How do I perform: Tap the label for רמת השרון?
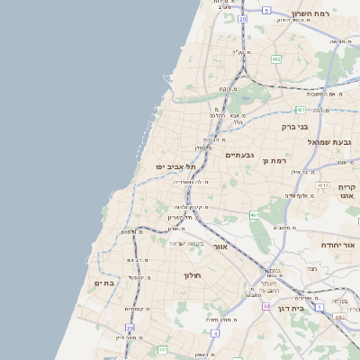coord(313,14)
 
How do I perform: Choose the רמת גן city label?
coord(274,160)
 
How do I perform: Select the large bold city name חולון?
coord(193,275)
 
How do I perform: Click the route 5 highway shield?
coord(266,11)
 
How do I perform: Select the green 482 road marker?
coord(275,58)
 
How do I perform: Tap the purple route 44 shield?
coord(266,306)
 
